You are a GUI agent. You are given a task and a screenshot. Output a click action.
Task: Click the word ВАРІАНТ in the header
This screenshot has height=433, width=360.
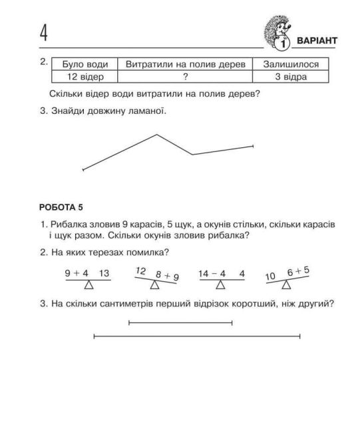[x=316, y=41]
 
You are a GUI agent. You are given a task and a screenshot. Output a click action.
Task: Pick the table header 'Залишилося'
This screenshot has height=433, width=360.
[x=295, y=65]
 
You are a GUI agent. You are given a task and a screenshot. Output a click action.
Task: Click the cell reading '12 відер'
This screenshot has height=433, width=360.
[x=84, y=77]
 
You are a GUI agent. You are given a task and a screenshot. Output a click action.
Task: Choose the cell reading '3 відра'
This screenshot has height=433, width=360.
[x=295, y=77]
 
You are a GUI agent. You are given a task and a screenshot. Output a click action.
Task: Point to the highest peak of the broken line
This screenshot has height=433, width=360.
[x=157, y=135]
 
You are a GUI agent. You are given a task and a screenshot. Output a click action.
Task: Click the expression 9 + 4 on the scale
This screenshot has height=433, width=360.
[x=77, y=273]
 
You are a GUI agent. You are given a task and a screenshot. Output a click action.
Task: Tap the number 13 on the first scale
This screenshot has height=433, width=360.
[x=104, y=273]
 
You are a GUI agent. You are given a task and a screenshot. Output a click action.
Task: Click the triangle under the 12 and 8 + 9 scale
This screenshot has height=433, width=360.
[x=155, y=285]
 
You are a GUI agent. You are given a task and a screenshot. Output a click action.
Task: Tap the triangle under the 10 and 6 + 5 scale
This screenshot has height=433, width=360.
[x=286, y=285]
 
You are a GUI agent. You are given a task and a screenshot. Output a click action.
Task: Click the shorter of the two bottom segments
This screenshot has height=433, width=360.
[x=180, y=323]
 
